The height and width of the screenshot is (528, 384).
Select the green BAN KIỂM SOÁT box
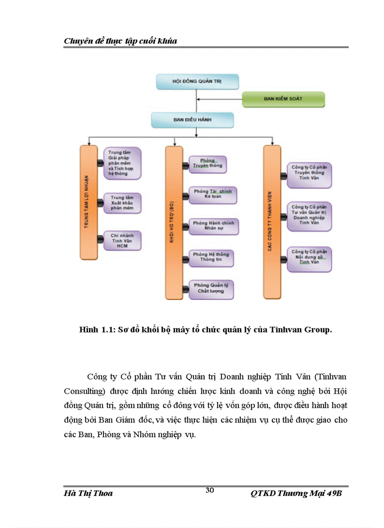(x=284, y=99)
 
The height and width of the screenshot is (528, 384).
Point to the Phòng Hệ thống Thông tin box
(x=211, y=257)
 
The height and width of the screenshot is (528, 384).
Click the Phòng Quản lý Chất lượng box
(x=211, y=288)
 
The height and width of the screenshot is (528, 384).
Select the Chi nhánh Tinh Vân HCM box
(x=122, y=241)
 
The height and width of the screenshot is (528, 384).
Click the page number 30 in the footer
(x=210, y=490)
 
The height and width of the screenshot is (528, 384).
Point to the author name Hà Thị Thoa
(x=88, y=494)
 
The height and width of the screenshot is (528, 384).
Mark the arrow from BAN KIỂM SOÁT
(x=219, y=99)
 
